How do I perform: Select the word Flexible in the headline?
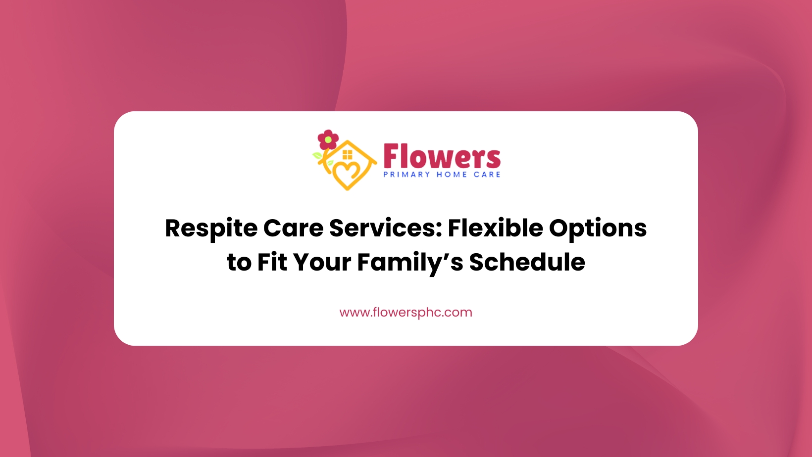click(x=496, y=228)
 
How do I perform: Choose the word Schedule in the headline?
click(x=527, y=262)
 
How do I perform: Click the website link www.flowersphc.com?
click(x=406, y=313)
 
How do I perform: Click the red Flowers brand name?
click(x=442, y=156)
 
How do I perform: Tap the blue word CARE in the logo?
click(x=487, y=175)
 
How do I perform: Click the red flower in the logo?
click(x=328, y=139)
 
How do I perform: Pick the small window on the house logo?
click(x=347, y=155)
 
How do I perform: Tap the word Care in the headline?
click(x=293, y=228)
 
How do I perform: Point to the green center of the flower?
click(x=328, y=140)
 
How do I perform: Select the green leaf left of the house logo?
click(x=317, y=156)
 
